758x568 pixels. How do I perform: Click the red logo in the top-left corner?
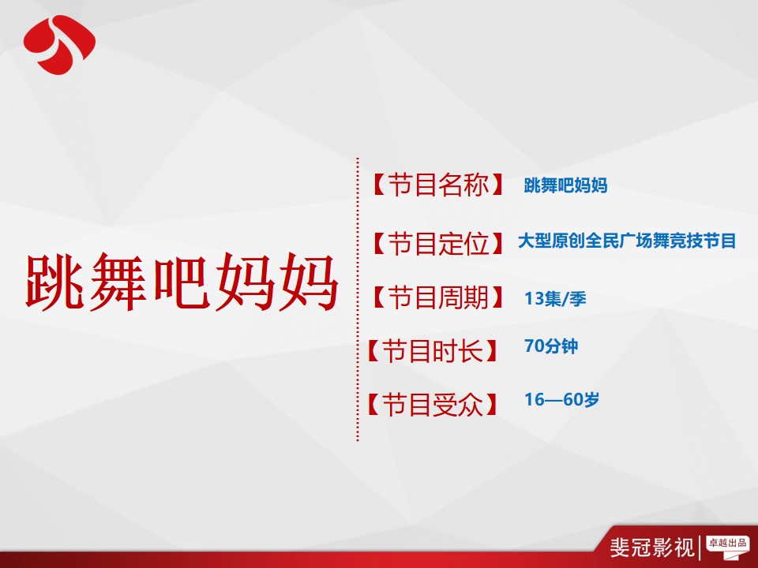point(59,44)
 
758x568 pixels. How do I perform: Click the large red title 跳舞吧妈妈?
point(182,282)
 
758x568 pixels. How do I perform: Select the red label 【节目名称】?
point(438,185)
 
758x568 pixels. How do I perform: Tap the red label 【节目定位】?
point(438,242)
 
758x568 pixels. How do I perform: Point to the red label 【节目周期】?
point(438,297)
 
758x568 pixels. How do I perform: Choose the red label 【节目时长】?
point(432,350)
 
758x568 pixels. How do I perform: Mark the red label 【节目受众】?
point(432,404)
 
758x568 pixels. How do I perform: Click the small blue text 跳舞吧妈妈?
point(565,185)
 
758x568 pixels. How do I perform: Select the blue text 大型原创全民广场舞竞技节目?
point(627,241)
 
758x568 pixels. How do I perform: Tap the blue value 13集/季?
point(555,298)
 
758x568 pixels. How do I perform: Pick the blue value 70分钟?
point(551,346)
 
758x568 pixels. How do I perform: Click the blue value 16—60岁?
point(561,399)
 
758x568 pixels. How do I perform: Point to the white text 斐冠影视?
point(652,547)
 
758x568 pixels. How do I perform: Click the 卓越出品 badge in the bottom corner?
point(727,546)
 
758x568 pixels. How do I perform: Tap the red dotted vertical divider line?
point(358,299)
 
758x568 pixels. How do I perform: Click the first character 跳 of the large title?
point(54,282)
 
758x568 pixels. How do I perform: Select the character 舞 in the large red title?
point(118,282)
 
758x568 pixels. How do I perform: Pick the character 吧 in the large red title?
point(182,282)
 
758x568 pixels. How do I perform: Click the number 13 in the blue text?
point(535,298)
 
